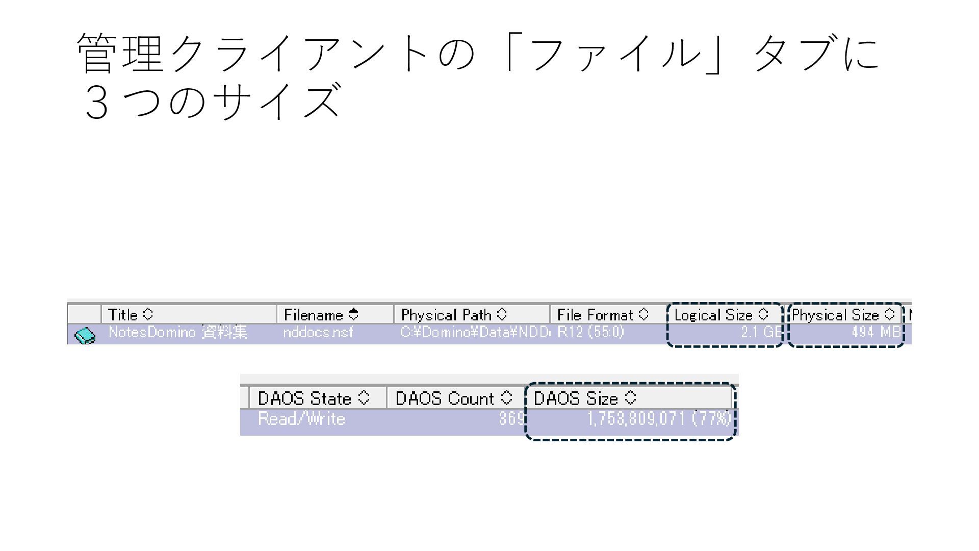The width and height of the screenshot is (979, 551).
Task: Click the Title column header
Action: pos(131,314)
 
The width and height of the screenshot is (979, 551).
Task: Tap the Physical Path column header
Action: pos(454,314)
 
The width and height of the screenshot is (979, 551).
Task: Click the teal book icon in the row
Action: pos(85,336)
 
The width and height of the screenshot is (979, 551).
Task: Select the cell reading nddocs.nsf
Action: pos(318,333)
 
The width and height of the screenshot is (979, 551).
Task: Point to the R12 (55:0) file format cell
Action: pos(590,333)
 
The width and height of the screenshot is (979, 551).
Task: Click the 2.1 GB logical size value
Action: pos(761,333)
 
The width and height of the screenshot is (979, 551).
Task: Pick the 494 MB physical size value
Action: pos(875,333)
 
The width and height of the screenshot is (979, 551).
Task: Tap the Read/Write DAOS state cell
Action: pos(301,419)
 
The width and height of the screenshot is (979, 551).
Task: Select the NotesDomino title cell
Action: pos(178,333)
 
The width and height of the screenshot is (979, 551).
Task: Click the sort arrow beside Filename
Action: pos(353,314)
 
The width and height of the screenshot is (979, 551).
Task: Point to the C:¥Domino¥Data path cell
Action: pos(474,333)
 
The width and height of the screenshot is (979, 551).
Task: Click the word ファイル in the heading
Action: pos(616,53)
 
